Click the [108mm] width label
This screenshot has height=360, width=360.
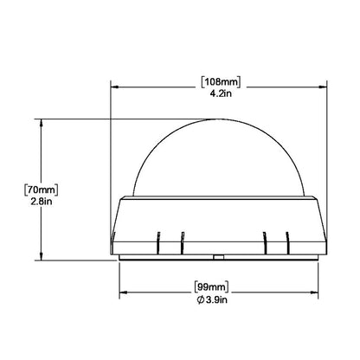click(220, 82)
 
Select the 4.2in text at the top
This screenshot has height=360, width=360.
click(220, 94)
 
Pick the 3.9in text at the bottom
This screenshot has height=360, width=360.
click(224, 299)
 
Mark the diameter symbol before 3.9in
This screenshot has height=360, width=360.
click(202, 299)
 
